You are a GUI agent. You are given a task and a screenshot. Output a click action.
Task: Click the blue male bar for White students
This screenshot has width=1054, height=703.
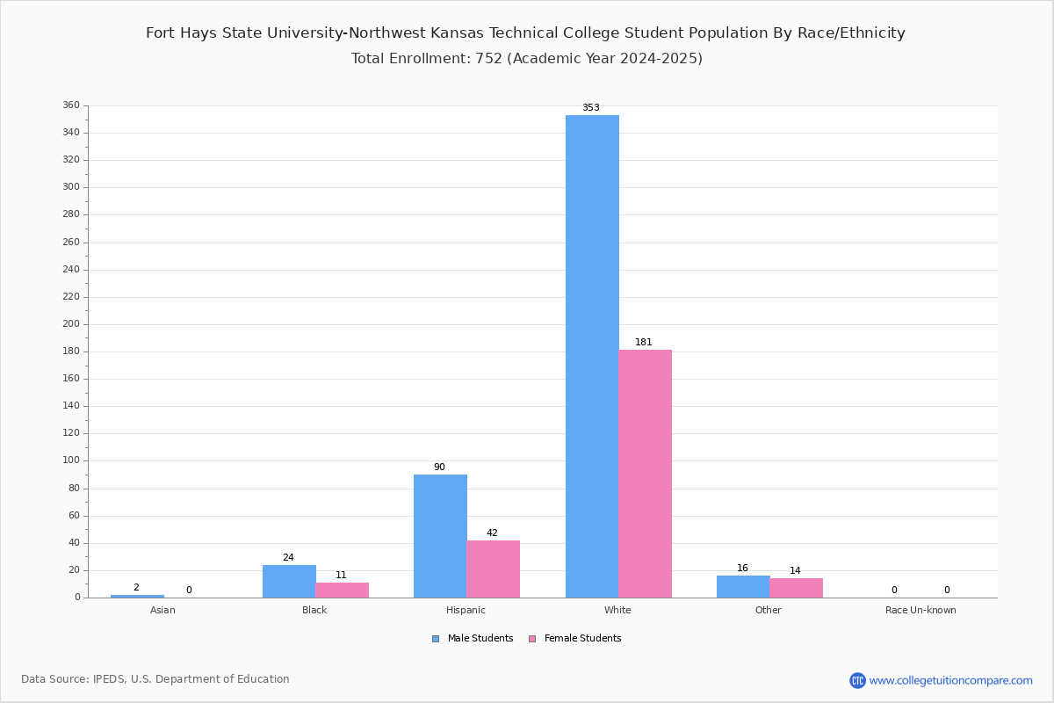(592, 356)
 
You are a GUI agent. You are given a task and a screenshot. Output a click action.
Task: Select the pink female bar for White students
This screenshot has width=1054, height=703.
(645, 474)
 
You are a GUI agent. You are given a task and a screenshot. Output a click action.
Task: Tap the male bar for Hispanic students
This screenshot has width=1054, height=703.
(440, 536)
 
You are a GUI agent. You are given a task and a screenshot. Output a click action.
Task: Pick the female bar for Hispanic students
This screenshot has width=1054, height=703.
(493, 569)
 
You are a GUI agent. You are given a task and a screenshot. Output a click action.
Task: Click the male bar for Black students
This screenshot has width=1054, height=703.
(289, 581)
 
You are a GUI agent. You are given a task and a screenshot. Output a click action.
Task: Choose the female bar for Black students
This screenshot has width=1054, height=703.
(342, 590)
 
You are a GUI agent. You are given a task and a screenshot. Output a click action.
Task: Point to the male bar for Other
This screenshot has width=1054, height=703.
(743, 586)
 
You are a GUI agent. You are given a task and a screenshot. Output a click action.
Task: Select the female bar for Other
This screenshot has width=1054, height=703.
(796, 588)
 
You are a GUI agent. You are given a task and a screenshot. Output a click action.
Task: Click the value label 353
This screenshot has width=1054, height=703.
(591, 108)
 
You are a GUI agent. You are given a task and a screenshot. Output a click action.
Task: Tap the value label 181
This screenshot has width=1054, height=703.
(644, 343)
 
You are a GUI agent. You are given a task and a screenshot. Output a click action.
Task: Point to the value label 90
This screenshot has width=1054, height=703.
(439, 467)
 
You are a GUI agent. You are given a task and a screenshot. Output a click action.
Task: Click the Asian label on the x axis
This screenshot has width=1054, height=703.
(162, 610)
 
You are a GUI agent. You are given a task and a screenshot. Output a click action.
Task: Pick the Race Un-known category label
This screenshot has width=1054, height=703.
(920, 610)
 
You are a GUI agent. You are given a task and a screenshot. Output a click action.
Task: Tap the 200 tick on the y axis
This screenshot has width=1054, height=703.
(71, 324)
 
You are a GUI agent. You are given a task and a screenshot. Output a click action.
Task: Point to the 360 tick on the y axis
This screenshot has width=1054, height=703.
(71, 105)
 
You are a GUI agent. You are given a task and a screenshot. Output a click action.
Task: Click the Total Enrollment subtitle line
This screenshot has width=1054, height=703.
(527, 59)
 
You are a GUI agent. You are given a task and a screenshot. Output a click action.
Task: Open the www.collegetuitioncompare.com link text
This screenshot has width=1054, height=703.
(950, 680)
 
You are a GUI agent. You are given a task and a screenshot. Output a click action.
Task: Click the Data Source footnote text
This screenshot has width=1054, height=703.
(155, 679)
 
